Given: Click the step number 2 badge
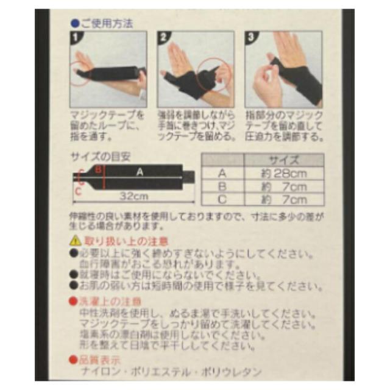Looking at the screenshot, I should (162, 36).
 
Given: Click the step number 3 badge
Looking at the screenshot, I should (250, 36).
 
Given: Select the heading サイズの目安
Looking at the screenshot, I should (101, 157).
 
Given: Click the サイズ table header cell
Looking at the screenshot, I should (285, 160).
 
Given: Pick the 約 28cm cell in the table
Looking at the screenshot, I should (285, 173).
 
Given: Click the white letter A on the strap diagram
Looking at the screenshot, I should (140, 172).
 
